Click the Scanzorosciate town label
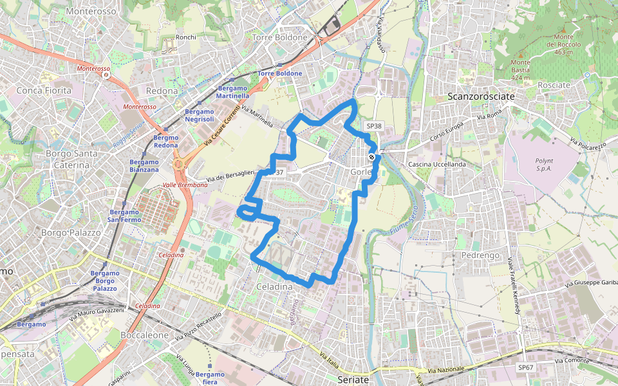point(481,96)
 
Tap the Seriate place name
point(353,380)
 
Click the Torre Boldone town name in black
point(280,37)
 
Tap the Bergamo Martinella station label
point(233,92)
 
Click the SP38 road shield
point(373,127)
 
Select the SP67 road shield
point(526,367)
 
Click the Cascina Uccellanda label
point(436,165)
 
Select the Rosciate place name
point(554,85)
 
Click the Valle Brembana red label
point(185,185)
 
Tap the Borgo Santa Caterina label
point(71,160)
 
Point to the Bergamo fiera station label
point(211,378)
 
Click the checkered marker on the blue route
point(371,157)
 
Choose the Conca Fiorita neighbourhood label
point(44,90)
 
